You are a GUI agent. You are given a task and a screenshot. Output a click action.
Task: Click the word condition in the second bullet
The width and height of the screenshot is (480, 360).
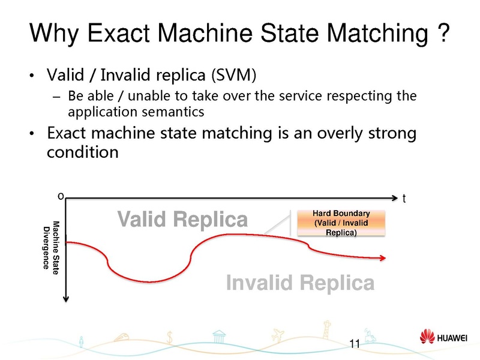coord(83,152)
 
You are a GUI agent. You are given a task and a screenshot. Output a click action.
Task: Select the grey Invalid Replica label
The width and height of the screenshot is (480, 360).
coord(300,283)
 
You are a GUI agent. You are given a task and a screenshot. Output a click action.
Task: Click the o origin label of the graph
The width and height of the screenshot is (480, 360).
coord(60,195)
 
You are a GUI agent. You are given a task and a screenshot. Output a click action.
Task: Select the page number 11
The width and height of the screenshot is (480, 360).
coord(353,344)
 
